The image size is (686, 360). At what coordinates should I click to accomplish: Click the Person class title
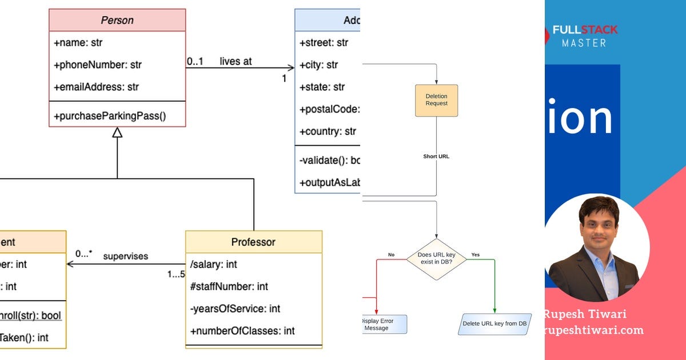[x=117, y=20]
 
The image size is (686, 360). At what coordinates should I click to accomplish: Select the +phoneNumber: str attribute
[x=98, y=65]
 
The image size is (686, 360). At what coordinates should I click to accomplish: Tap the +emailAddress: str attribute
[x=96, y=87]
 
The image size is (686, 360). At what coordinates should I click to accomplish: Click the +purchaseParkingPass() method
[x=110, y=116]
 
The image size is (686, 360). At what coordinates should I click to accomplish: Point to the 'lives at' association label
[x=236, y=61]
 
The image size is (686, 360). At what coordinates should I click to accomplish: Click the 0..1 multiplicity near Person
[x=195, y=61]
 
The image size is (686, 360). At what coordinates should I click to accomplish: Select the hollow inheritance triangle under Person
[x=117, y=133]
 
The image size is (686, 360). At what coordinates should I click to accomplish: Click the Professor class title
[x=253, y=242]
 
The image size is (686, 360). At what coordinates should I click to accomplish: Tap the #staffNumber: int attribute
[x=229, y=286]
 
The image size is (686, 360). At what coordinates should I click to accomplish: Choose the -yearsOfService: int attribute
[x=235, y=309]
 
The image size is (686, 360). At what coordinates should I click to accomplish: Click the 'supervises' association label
[x=125, y=256]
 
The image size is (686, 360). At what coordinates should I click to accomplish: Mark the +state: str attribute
[x=322, y=87]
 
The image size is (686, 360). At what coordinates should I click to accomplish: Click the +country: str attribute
[x=328, y=131]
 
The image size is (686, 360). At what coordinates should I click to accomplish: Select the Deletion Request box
[x=437, y=101]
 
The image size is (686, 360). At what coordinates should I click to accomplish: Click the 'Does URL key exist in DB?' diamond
[x=437, y=259]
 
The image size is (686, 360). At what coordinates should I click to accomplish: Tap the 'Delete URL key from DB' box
[x=494, y=324]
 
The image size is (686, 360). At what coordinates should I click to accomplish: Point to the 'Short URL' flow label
[x=436, y=156]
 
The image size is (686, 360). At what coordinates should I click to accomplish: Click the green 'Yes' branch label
[x=475, y=254]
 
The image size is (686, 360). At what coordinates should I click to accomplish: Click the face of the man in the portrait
[x=599, y=226]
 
